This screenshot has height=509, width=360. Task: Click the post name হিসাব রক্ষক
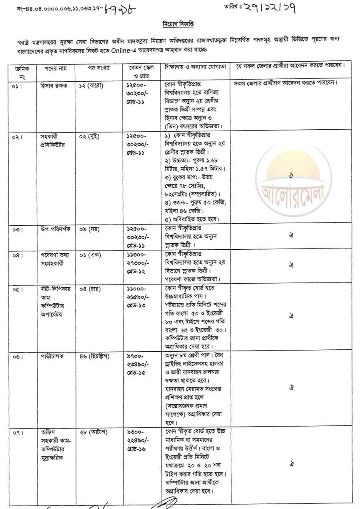pyautogui.click(x=54, y=86)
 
